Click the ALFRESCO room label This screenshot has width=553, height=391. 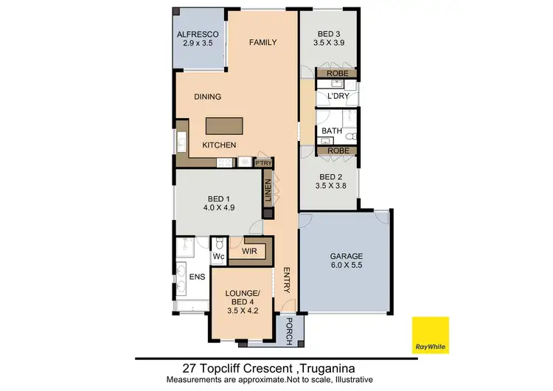[x=195, y=35]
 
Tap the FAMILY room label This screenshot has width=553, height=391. [x=262, y=42]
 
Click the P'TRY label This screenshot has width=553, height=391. [x=262, y=162]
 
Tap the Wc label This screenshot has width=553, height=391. [x=218, y=257]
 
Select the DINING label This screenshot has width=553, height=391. [x=207, y=97]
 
